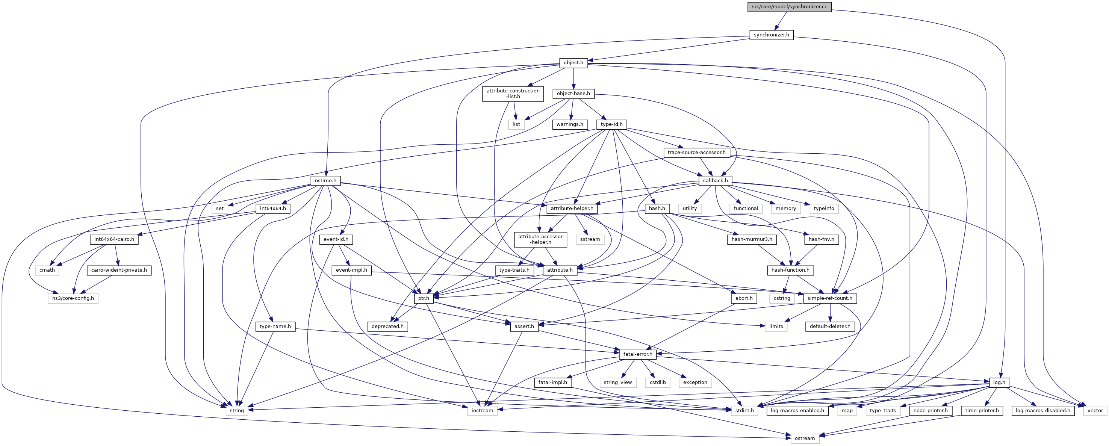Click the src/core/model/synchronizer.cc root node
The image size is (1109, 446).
coord(790,7)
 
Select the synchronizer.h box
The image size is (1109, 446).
coord(771,35)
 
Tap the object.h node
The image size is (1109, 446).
coord(573,63)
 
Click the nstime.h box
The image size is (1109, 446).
coord(325,180)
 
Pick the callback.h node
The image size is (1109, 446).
coord(715,180)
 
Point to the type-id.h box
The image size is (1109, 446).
coord(611,124)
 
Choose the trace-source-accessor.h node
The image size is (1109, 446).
coord(696,153)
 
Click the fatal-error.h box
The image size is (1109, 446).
coord(638,354)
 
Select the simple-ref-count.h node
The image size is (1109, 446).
coord(830,298)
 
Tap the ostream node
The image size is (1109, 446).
coord(804,438)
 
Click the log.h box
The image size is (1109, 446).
coord(999,382)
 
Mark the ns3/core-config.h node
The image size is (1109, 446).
coord(73,298)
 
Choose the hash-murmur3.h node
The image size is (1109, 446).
coord(752,239)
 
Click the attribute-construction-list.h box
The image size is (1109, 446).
coord(513,94)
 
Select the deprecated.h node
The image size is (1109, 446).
coord(387,326)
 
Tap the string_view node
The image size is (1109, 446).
coord(617,382)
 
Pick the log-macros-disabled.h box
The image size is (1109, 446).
coord(1042,410)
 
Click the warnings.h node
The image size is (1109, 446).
coord(570,124)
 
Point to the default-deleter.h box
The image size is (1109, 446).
coord(830,326)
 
